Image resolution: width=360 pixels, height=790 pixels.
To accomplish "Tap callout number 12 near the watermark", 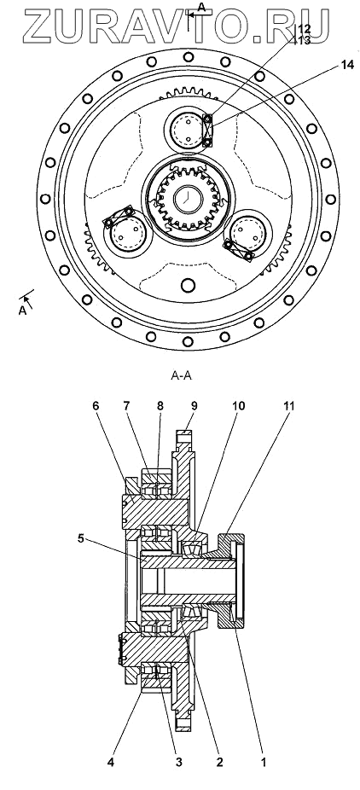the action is click(x=305, y=30).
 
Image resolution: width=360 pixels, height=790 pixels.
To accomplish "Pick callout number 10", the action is click(x=238, y=406).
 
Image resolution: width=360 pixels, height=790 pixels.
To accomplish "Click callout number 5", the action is click(x=80, y=538).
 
